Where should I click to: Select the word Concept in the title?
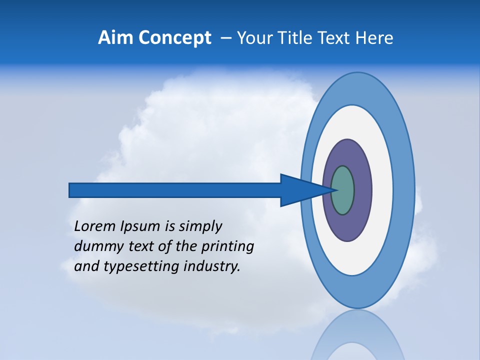click(x=174, y=38)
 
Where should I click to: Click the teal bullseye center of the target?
click(x=343, y=190)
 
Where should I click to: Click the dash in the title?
click(x=225, y=38)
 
